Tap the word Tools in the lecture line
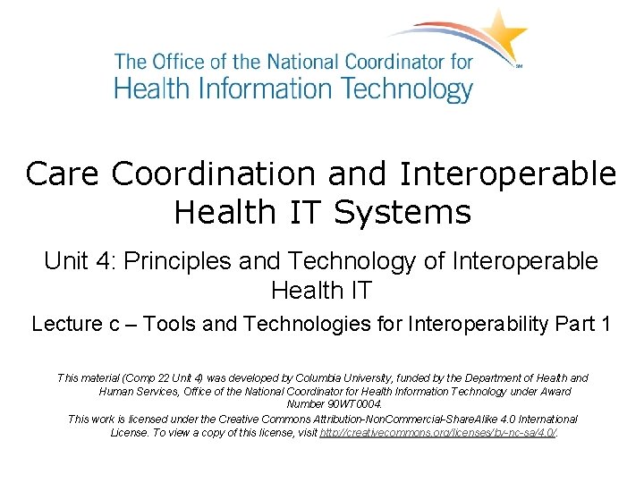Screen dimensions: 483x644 pos(171,324)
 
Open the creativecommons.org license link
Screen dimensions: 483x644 pos(438,432)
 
